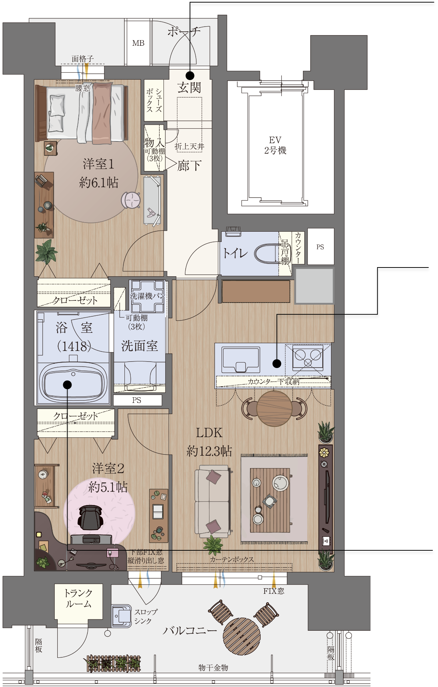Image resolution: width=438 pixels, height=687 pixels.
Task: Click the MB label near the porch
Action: (138, 43)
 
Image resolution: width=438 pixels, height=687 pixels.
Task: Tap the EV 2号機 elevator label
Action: (275, 145)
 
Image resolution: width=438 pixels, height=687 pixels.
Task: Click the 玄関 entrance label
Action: (189, 87)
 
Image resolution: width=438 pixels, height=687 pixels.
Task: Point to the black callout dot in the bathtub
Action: (67, 384)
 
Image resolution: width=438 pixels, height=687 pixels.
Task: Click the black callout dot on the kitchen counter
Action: (277, 363)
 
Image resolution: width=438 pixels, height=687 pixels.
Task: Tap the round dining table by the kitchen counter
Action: (274, 408)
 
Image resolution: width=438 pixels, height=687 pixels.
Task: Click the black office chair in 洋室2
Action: (90, 517)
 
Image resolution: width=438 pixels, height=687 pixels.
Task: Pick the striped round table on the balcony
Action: (242, 636)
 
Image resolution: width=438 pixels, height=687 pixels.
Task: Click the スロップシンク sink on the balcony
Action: (122, 616)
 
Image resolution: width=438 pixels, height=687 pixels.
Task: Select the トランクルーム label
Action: (78, 598)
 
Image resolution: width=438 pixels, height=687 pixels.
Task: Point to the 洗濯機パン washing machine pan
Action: (147, 296)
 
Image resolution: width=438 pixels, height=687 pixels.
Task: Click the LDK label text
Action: (209, 433)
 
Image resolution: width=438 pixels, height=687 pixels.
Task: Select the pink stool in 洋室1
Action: (131, 200)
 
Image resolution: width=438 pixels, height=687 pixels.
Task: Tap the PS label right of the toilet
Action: (320, 247)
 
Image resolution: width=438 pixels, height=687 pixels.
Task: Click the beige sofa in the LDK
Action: (213, 501)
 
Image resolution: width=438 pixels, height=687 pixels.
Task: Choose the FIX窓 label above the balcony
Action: (274, 591)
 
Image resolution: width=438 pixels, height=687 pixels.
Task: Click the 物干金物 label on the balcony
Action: (213, 668)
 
